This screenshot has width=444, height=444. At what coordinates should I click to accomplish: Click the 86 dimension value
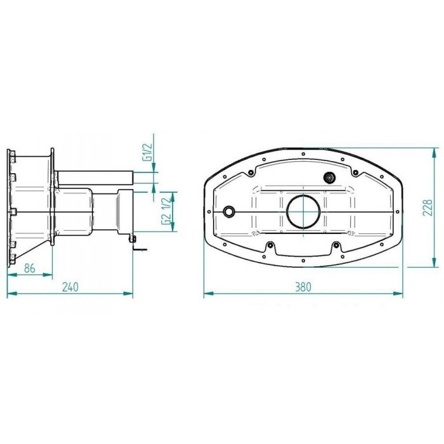pos(30,268)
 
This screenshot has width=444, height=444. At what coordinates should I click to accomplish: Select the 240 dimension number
pos(70,287)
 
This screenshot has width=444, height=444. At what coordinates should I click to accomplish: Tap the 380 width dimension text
pos(303,287)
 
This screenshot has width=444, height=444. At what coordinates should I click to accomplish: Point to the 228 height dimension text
pos(428,207)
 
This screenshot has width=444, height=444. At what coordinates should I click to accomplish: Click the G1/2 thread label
pos(148,152)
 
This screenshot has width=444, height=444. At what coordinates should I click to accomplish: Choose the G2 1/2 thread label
pos(167,211)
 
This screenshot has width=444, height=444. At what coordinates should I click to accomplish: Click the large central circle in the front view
pos(303,211)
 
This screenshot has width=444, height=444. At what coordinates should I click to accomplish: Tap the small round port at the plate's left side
pos(229,211)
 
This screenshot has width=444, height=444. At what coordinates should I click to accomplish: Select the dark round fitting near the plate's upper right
pos(329,178)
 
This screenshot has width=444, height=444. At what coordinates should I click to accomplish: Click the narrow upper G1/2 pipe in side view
pos(95,178)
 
